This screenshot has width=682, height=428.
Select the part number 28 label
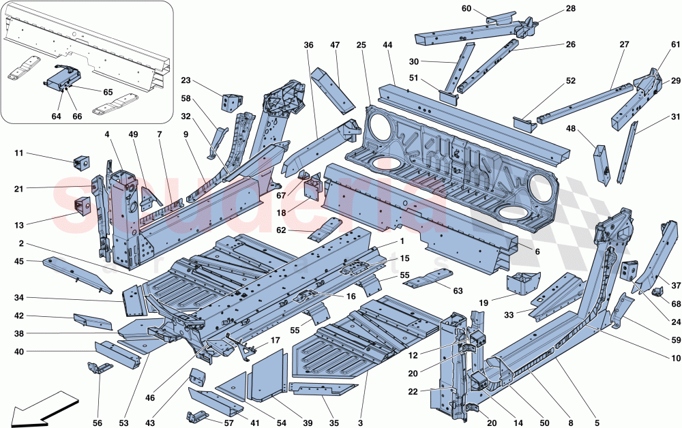coord(570,9)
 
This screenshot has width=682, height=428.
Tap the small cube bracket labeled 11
coord(82,162)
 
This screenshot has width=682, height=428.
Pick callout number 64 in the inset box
coord(56,117)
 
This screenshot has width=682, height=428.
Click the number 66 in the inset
coord(77,117)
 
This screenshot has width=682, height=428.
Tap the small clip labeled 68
coord(657,292)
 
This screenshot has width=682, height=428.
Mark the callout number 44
coord(387,46)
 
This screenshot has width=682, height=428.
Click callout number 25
coord(361,46)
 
